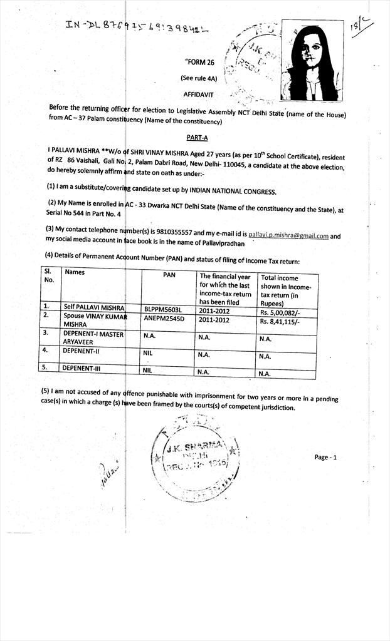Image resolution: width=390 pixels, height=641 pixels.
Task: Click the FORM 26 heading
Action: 200,62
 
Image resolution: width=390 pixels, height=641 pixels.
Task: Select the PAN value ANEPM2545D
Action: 164,320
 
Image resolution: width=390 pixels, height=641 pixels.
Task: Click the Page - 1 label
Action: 325,457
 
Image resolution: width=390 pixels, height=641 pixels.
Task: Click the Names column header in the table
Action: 75,272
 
